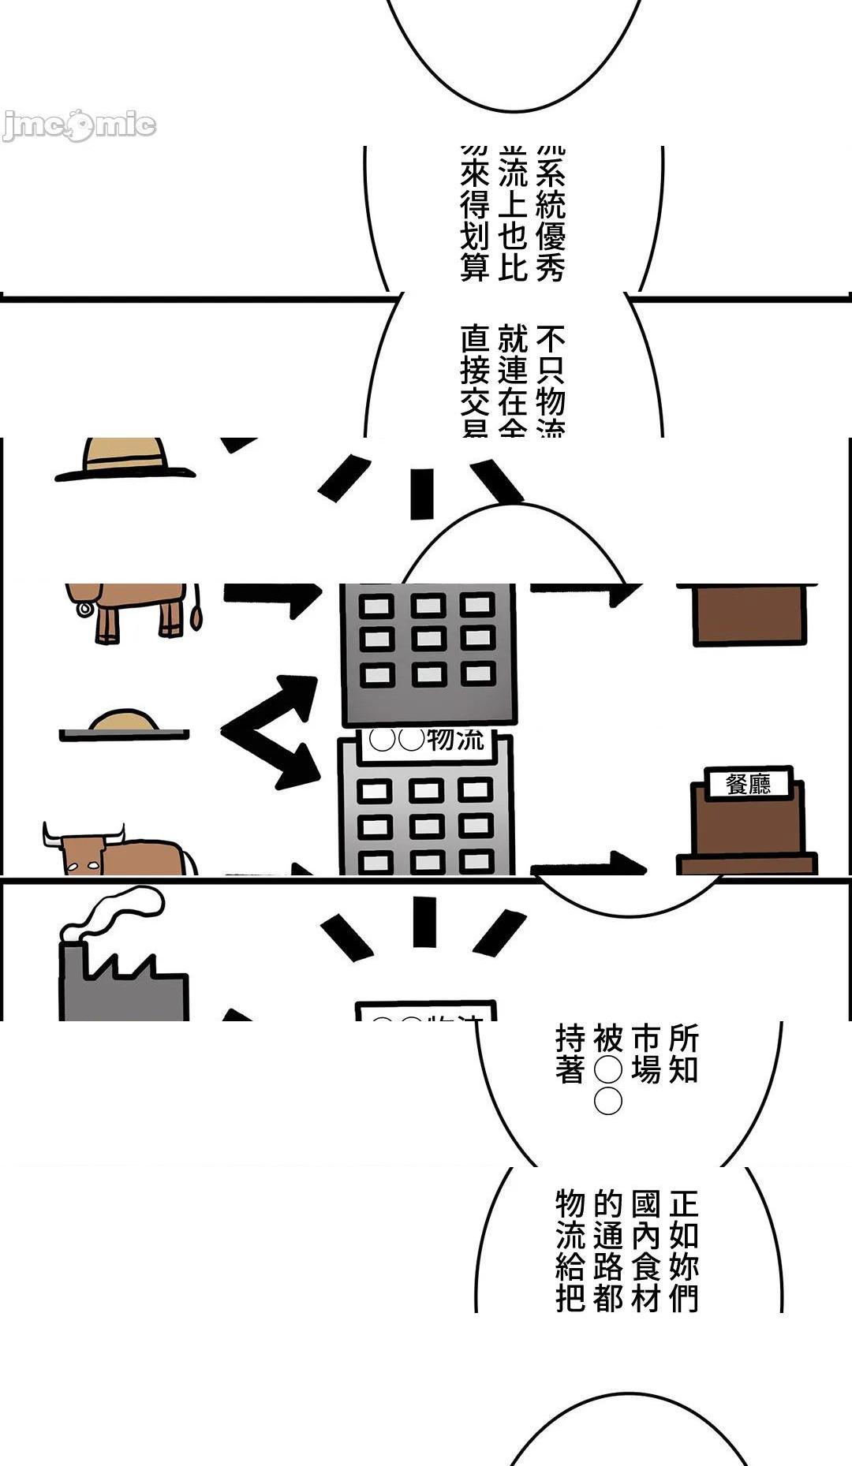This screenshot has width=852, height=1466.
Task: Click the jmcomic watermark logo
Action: [79, 125]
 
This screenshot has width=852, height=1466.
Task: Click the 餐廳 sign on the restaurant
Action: [748, 784]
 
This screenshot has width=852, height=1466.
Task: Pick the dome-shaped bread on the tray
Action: [124, 721]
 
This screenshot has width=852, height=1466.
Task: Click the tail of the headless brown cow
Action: [195, 610]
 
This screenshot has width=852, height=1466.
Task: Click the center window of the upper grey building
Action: [428, 637]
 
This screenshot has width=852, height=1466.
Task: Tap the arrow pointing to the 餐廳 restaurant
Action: [588, 864]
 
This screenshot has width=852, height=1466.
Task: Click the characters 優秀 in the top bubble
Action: [551, 252]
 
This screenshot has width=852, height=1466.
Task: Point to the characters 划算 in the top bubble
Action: [475, 252]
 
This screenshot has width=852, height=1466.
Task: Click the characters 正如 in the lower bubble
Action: [683, 1219]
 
